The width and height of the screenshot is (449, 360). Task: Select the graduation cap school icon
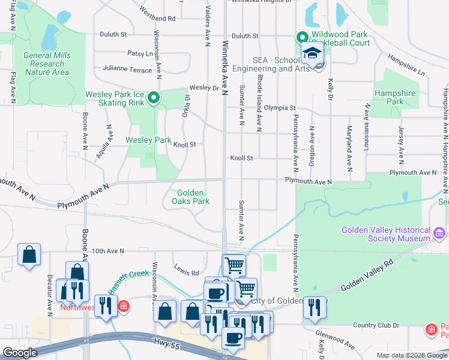point(312,53)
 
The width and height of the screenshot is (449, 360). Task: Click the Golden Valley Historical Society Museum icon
point(439,232)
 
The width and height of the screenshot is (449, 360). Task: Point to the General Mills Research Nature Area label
point(47,64)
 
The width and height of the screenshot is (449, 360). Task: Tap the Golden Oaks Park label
point(193,197)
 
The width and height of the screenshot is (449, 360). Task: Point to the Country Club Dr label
point(376,325)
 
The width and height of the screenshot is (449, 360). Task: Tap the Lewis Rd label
point(186,272)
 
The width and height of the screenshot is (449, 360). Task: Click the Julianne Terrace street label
point(128,70)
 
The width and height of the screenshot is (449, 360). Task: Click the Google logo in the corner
point(20,353)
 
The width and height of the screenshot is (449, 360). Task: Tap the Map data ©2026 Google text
point(412,355)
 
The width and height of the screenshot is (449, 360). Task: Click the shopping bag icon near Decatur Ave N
point(29,254)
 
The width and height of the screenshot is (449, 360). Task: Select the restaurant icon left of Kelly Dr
point(314,308)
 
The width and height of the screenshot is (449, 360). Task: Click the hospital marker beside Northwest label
point(123,307)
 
